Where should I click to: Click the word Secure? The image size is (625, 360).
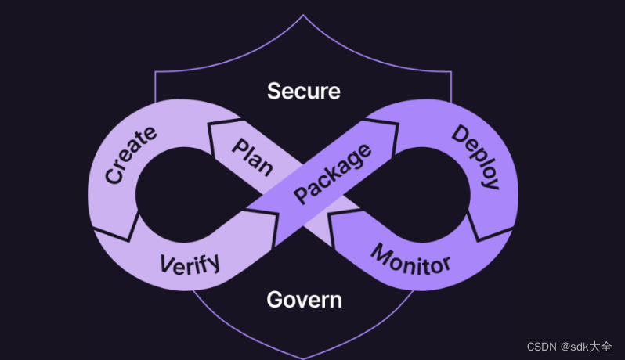pyautogui.click(x=304, y=91)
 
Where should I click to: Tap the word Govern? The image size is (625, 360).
pyautogui.click(x=304, y=299)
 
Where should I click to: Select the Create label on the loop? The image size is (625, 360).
pyautogui.click(x=130, y=154)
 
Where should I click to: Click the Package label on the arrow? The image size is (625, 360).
pyautogui.click(x=332, y=175)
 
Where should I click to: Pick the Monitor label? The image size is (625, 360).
pyautogui.click(x=410, y=260)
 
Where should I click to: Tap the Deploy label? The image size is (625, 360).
pyautogui.click(x=475, y=157)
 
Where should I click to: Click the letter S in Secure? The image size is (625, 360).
pyautogui.click(x=274, y=91)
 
